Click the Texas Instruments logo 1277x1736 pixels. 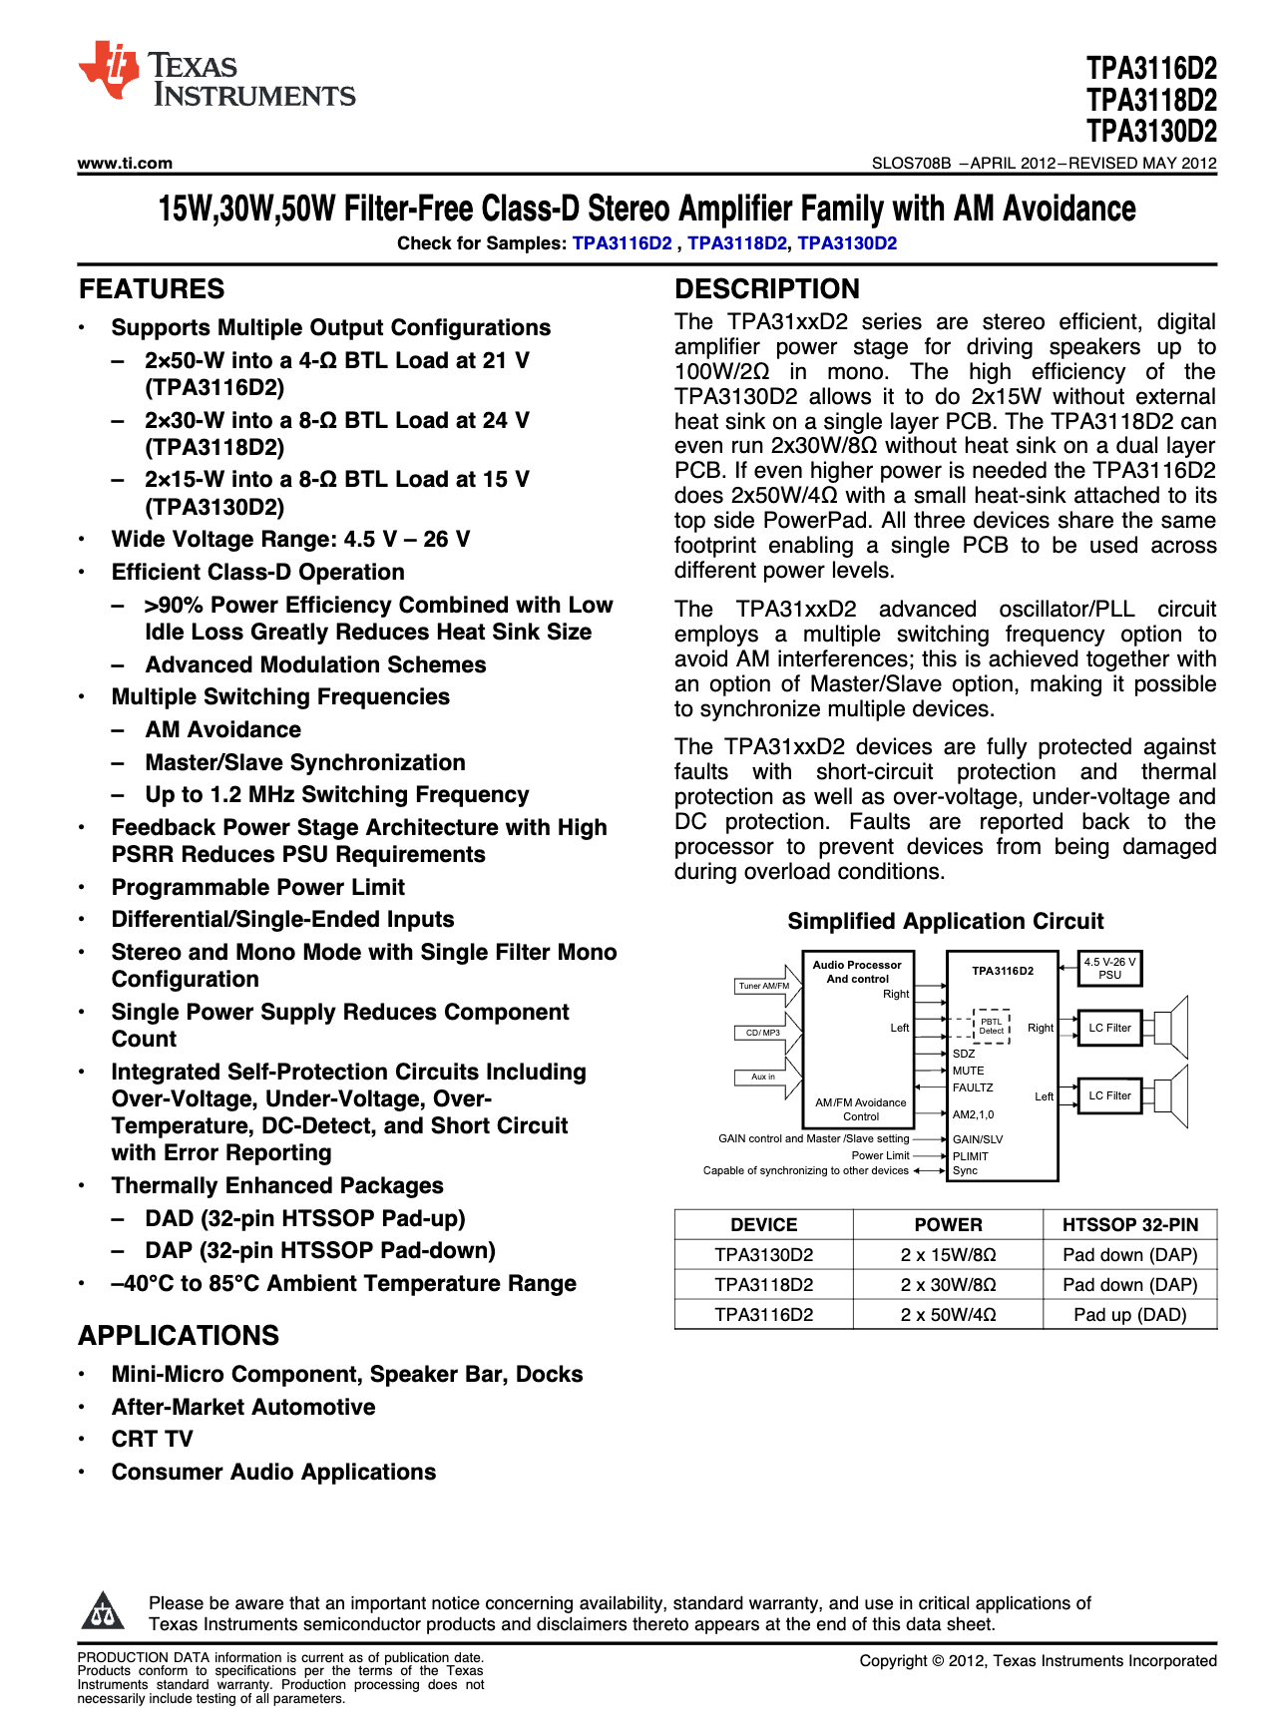(215, 75)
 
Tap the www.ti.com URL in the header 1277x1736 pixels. (125, 163)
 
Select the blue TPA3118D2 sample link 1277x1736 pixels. (736, 243)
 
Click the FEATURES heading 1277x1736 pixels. (152, 289)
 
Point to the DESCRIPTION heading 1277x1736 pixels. (766, 289)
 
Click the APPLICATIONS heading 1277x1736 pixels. (179, 1336)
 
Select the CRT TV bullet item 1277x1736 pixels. (152, 1439)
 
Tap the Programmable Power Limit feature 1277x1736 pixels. (257, 887)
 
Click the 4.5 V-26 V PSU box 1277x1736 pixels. (1109, 969)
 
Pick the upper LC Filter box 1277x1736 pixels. (1109, 1028)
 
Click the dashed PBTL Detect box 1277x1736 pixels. (991, 1027)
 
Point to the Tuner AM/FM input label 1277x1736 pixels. (763, 986)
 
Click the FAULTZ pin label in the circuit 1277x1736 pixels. (972, 1087)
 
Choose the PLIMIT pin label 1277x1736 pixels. (970, 1156)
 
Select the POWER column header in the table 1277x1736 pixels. (948, 1225)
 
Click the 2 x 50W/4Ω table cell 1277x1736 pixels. (948, 1315)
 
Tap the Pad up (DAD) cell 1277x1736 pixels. (1129, 1315)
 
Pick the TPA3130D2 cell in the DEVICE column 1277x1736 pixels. (763, 1255)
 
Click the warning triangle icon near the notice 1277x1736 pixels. (102, 1610)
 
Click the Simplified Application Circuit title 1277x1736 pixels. (945, 921)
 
